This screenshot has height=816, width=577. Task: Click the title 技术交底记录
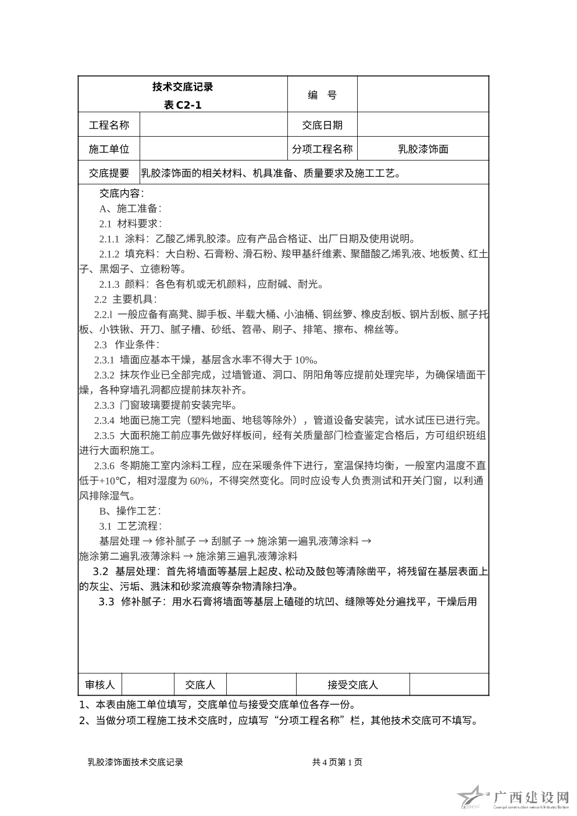tap(183, 87)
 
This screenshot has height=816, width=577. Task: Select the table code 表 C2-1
tap(183, 105)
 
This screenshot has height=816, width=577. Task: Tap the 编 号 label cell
tap(322, 95)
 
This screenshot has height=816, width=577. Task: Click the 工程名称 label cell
tap(109, 125)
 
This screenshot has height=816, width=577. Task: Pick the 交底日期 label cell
tap(322, 125)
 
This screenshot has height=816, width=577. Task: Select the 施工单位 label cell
tap(109, 149)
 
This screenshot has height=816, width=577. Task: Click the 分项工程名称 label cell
tap(322, 149)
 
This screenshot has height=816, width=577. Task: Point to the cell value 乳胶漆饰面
tap(423, 149)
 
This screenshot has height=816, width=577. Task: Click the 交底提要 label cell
tap(109, 173)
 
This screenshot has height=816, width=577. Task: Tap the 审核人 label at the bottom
tap(100, 685)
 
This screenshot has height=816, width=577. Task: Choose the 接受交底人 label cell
tap(352, 685)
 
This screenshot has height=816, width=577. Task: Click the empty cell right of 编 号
tap(423, 94)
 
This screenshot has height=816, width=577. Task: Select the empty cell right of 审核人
tap(148, 685)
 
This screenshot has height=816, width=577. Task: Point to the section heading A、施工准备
tap(130, 208)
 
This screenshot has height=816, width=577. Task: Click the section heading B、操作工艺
tap(130, 511)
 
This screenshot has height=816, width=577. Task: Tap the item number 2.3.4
tap(105, 421)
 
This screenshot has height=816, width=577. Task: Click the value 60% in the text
tap(199, 481)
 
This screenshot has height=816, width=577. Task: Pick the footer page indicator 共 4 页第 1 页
tap(337, 762)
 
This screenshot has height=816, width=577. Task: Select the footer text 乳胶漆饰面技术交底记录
tap(135, 762)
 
